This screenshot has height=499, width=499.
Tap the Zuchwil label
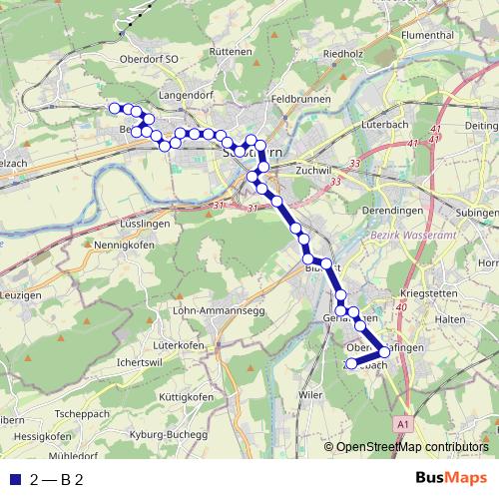[312, 171]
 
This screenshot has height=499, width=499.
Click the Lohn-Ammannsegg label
[220, 310]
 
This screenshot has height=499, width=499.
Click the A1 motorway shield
[403, 423]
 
